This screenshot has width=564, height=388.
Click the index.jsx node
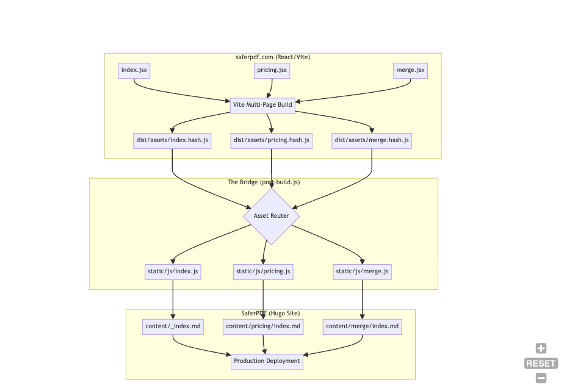point(134,71)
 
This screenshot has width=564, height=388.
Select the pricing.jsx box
point(272,71)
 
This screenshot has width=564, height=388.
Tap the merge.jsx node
point(410,71)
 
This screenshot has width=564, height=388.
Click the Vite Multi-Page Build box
point(262,105)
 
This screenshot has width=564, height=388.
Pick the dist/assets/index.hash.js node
point(172,140)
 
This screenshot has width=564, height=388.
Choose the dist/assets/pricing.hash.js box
point(272,140)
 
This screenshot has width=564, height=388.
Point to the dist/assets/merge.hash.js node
point(372,140)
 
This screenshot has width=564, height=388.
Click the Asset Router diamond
point(271,216)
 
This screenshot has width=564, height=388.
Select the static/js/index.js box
point(173,271)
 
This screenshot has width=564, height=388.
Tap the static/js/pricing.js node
point(263,271)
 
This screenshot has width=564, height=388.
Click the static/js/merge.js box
point(362,271)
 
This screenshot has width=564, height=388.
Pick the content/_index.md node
point(173,327)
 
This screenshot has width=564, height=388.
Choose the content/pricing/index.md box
point(263,327)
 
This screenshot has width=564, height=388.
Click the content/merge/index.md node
point(362,327)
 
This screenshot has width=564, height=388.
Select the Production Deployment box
point(267,361)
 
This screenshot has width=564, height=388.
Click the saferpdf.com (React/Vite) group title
point(272,57)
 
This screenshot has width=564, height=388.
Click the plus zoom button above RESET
point(541,349)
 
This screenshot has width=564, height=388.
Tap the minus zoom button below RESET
point(541,378)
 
